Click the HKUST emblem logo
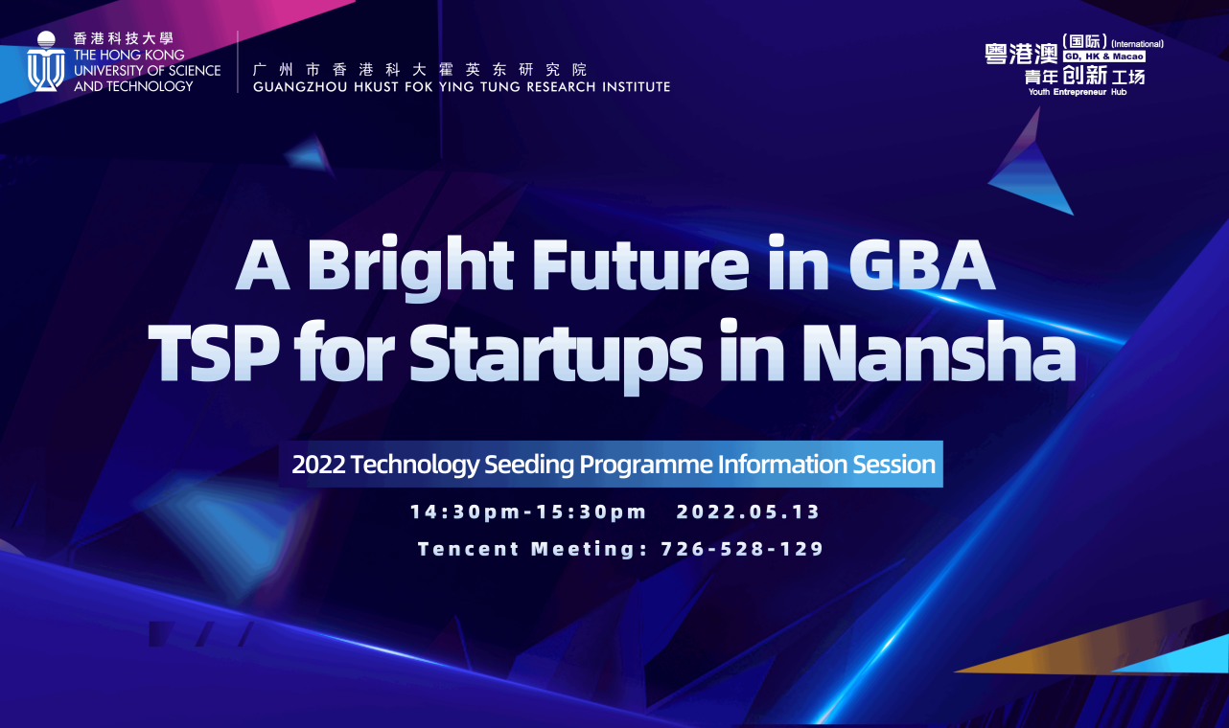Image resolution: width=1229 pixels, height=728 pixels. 46,61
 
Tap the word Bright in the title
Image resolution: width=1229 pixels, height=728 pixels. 410,267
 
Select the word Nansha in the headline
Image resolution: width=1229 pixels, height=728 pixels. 939,351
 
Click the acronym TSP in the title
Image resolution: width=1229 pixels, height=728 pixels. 214,352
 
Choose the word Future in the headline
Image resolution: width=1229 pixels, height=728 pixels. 640,265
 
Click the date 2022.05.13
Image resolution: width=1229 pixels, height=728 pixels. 748,512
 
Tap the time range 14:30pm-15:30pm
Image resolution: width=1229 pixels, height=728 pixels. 529,512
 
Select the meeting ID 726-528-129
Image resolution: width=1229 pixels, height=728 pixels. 742,549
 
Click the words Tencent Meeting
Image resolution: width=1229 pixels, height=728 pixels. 526,549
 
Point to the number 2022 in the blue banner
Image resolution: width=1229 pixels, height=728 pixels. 319,465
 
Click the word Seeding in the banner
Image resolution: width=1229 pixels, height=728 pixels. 529,466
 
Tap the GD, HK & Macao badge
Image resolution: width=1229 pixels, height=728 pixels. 1104,57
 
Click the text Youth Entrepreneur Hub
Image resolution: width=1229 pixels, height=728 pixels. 1078,92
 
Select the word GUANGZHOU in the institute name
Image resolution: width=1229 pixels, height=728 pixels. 300,86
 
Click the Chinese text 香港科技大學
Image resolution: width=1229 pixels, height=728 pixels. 124,38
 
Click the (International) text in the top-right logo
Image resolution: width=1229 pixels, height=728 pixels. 1137,44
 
